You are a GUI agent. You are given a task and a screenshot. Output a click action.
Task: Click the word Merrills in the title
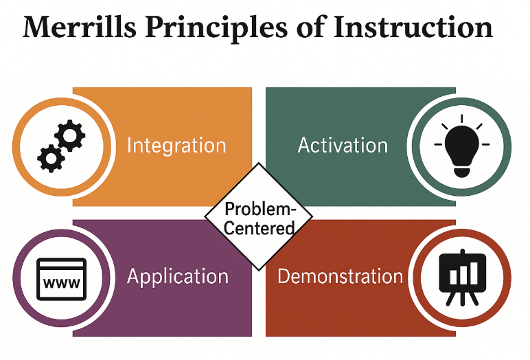point(80,26)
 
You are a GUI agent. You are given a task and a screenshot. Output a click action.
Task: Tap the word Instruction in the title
point(413,26)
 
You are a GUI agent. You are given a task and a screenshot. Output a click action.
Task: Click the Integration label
point(176,146)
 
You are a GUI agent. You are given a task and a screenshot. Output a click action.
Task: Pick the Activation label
point(343,146)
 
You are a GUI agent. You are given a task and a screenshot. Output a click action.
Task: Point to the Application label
point(178,277)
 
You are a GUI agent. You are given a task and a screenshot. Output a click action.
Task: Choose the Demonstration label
point(341,276)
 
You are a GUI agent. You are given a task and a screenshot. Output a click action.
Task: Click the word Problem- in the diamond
point(260,209)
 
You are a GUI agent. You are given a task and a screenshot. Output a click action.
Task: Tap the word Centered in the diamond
point(259,227)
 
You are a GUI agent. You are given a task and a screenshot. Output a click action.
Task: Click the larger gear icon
point(69,135)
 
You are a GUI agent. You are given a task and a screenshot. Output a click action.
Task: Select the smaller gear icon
point(51,158)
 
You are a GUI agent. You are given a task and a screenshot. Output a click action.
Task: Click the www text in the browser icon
point(62,283)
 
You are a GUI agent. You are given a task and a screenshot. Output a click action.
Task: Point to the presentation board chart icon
point(463,278)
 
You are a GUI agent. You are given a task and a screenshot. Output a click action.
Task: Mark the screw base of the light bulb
point(462,171)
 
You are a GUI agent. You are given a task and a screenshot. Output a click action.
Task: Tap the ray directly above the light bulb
point(462,118)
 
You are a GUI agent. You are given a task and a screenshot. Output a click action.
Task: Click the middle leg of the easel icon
point(463,297)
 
